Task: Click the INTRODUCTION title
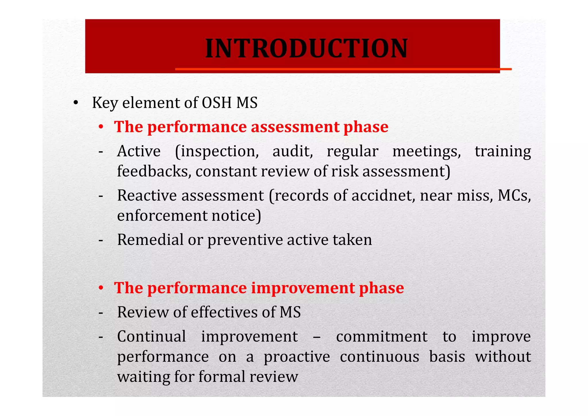306,48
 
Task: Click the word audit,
292,151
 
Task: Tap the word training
502,151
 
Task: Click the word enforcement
162,216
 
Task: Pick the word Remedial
150,239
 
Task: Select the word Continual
151,336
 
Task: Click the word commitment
382,336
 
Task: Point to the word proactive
297,357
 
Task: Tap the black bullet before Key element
76,103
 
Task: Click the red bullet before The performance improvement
101,288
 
